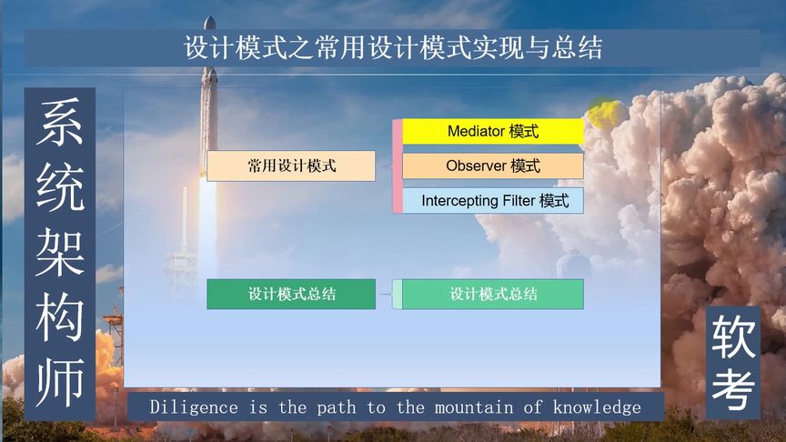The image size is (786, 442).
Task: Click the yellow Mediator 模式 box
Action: click(x=492, y=132)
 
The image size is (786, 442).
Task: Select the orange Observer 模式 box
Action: click(x=492, y=166)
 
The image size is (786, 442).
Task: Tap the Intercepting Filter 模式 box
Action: click(x=492, y=201)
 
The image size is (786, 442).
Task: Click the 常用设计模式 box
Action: click(x=291, y=166)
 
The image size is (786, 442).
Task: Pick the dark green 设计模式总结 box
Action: click(x=291, y=294)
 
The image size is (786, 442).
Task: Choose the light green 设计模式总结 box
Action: click(x=492, y=294)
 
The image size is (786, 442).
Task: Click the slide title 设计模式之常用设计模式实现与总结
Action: click(x=393, y=48)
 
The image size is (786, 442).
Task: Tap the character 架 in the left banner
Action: click(x=60, y=252)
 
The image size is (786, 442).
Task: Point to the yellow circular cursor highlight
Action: click(x=603, y=113)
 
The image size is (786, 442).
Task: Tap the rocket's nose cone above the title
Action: click(x=210, y=21)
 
